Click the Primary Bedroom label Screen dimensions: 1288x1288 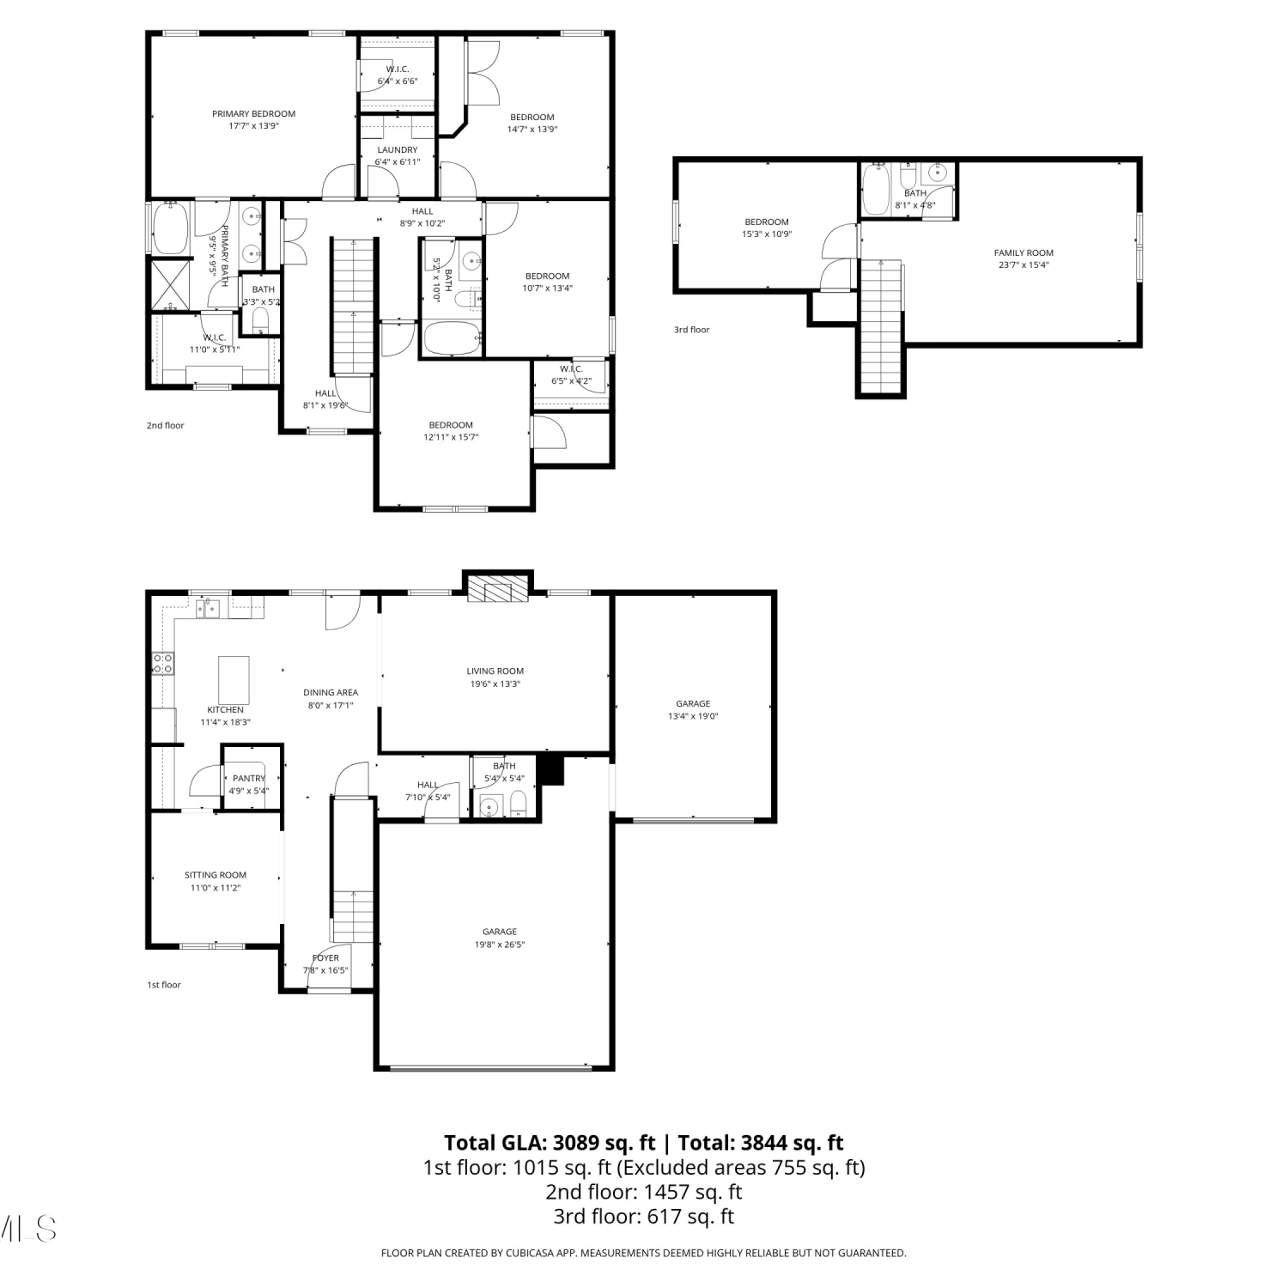[x=253, y=113]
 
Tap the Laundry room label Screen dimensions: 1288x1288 [x=397, y=149]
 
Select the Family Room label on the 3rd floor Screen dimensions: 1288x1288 [x=1024, y=252]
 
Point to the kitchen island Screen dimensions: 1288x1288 [x=234, y=679]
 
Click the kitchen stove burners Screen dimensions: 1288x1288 [x=162, y=663]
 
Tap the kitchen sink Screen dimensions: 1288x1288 [x=208, y=608]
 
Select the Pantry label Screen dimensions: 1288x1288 [x=249, y=778]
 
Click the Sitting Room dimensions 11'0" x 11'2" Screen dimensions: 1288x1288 [x=216, y=888]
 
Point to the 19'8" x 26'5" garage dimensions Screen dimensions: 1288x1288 [x=500, y=945]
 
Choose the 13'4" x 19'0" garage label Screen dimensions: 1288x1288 [x=693, y=716]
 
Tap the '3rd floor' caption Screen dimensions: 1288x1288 [x=691, y=330]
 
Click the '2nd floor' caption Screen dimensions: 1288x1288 [x=165, y=425]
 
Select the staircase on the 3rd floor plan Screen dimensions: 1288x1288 [x=881, y=326]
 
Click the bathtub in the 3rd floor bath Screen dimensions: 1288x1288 [x=877, y=190]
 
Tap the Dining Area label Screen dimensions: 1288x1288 [x=331, y=692]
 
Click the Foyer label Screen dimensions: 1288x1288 [x=325, y=957]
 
